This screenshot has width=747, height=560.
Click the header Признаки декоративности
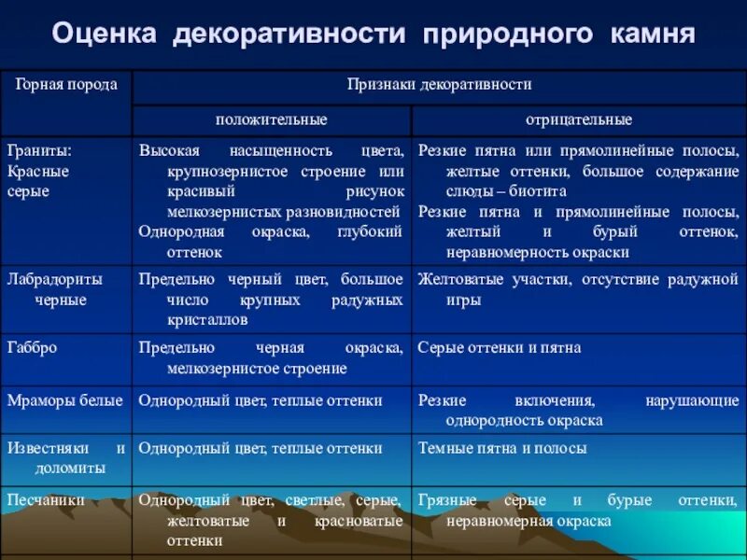point(439,85)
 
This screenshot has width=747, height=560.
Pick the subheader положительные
point(271,120)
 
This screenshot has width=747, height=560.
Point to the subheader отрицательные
point(579,120)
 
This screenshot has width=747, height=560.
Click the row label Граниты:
point(39,150)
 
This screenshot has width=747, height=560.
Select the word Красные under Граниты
point(37,171)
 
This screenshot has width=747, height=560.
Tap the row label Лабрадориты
point(54,279)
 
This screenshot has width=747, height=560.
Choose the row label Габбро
point(33,347)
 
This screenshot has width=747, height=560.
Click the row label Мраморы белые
point(64,400)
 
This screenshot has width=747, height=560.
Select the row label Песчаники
point(46,500)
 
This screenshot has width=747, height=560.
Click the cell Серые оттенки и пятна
point(500,347)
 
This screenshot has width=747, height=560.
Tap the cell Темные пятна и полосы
point(502,448)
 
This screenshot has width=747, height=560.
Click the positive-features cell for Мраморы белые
point(261,400)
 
